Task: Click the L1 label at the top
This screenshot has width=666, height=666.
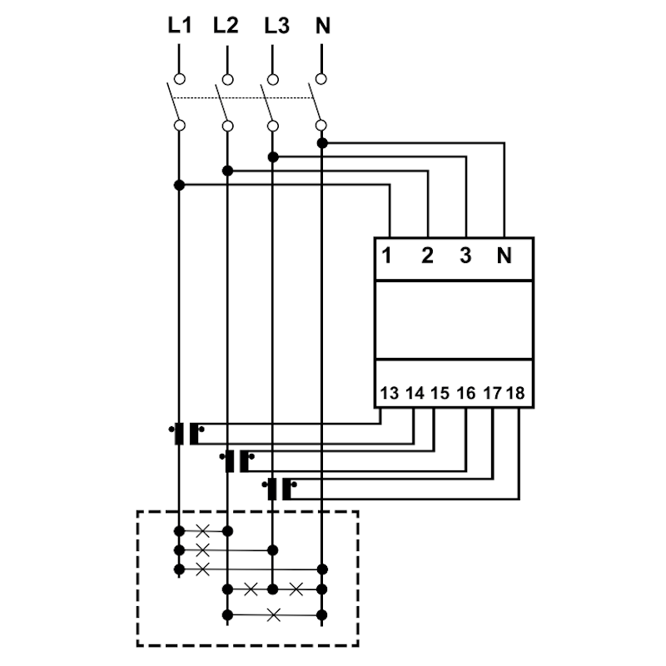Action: coord(180,26)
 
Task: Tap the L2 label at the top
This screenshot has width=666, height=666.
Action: coord(226,26)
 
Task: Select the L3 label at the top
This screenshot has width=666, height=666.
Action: coord(277,26)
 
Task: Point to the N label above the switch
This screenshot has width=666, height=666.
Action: coord(323,26)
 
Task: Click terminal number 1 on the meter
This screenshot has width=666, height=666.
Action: coord(386,256)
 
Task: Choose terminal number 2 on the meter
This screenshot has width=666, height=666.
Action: coord(427,256)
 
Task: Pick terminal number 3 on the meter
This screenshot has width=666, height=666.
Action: coord(465,256)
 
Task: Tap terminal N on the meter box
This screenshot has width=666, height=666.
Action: coord(504,256)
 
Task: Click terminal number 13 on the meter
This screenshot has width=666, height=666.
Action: coord(389,393)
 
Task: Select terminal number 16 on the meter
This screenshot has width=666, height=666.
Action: coord(466,393)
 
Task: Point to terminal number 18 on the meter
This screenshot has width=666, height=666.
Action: coord(515,393)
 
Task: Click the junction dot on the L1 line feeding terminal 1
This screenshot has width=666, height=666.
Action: coord(179,185)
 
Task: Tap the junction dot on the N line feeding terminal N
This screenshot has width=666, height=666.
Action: coord(322,143)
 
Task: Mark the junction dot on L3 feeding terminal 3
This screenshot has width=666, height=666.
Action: coord(273,157)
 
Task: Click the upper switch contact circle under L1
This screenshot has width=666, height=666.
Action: coord(180,79)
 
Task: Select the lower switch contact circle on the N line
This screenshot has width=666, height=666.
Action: coord(321,126)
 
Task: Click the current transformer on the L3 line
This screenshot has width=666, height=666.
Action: coord(280,489)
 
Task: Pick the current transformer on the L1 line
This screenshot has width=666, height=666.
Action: coord(186,434)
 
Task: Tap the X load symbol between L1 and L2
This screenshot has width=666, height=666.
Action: coord(202,530)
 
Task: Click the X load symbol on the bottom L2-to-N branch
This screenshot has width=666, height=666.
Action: coord(274,614)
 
